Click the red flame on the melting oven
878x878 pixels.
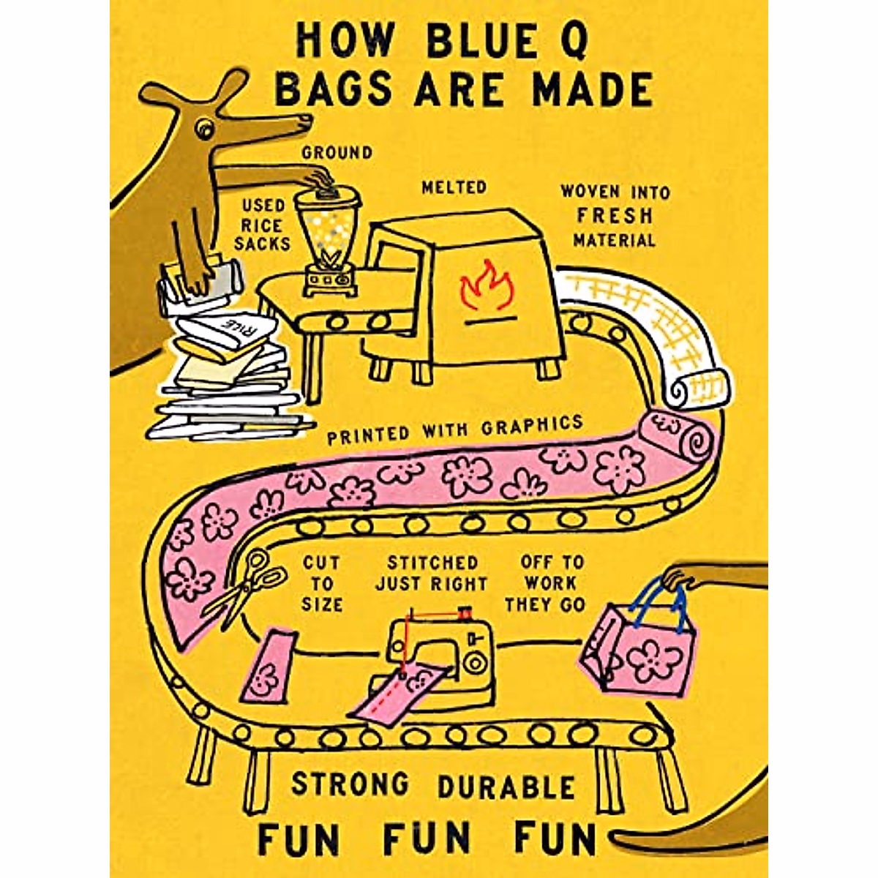(487, 287)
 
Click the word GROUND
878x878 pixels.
(337, 153)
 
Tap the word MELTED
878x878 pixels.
(454, 188)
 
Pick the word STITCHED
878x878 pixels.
(432, 563)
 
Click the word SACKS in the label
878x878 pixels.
(262, 243)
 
